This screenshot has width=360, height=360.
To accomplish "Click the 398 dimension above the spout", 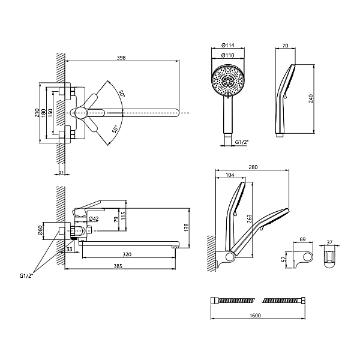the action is pos(121,58).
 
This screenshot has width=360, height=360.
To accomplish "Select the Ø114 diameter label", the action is pos(228,45).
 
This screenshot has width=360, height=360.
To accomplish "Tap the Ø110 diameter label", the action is pos(228,55).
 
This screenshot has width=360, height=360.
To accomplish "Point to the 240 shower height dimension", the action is pos(311,98).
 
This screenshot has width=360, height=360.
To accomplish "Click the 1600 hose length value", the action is pos(255,316).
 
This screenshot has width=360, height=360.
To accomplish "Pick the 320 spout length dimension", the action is pos(127,254).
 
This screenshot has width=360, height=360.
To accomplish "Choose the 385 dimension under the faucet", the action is pos(118,266).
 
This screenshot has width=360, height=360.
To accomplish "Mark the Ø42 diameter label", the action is pos(94,219).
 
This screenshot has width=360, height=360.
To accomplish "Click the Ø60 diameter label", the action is pos(40,230).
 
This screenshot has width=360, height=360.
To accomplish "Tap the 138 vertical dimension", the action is pos(186,227).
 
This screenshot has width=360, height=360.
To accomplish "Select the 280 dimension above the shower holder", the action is pos(253,167).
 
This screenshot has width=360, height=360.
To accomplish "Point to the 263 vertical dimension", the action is pos(249,219).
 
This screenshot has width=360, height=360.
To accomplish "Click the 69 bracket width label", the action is pos(302,239).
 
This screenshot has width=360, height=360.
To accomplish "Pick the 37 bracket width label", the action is pos(329,242).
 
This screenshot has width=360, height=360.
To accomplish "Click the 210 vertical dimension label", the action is pos(37,113).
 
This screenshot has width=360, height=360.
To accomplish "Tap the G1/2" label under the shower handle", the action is pos(242,142).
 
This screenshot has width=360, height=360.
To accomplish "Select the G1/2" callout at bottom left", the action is pos(26,276).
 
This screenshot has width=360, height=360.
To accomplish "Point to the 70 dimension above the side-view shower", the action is pos(285,46).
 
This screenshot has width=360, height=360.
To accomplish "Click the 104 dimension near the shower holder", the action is pos(230,175).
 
